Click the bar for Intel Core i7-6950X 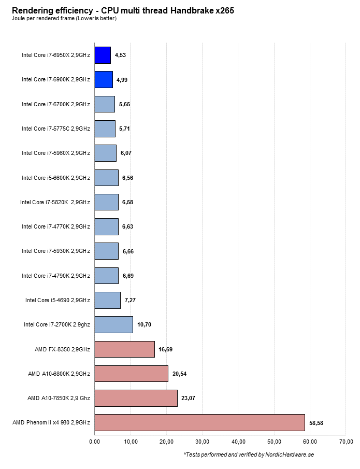[x=103, y=55]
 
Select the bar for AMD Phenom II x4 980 [x=199, y=422]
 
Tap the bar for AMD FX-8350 [x=124, y=349]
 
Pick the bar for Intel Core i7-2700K [x=113, y=324]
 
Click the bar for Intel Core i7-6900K [x=104, y=79]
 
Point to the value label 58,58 [x=316, y=423]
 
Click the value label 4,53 [x=121, y=55]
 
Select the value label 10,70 [x=145, y=325]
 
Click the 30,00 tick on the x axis [x=203, y=442]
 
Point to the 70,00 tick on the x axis [x=346, y=442]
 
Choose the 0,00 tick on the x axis [x=95, y=442]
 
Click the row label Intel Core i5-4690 [x=57, y=300]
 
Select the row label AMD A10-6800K [x=59, y=374]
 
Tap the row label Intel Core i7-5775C [x=56, y=129]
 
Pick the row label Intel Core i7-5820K [x=55, y=202]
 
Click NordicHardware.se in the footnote [x=290, y=454]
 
